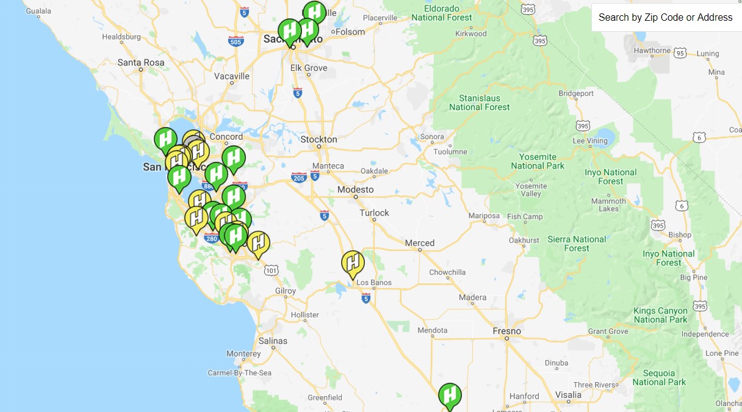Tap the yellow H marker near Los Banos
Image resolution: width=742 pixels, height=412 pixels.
(353, 263)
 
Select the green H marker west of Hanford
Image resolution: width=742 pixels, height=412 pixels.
(450, 395)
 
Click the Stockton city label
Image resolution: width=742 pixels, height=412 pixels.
(319, 139)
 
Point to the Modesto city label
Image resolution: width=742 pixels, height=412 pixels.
(355, 190)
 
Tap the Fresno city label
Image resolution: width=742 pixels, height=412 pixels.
(506, 331)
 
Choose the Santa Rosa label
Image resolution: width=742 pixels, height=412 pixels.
(141, 62)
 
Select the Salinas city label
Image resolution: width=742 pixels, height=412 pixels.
(273, 341)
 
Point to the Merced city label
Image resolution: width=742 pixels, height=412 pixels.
(420, 243)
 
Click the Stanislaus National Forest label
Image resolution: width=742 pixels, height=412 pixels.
(480, 103)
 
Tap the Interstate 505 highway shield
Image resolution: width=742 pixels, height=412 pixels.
(236, 42)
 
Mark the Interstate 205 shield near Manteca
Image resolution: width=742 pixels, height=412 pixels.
(298, 177)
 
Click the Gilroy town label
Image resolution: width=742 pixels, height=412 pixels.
(285, 291)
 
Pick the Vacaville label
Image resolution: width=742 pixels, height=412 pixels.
(232, 76)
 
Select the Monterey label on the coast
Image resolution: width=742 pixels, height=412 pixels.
(243, 354)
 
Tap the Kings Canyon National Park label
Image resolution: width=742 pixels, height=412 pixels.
(660, 315)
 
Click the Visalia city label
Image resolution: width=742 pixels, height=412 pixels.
(569, 394)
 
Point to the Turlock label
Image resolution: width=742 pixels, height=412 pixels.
(374, 213)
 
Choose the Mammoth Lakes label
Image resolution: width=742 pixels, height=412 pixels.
(608, 205)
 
